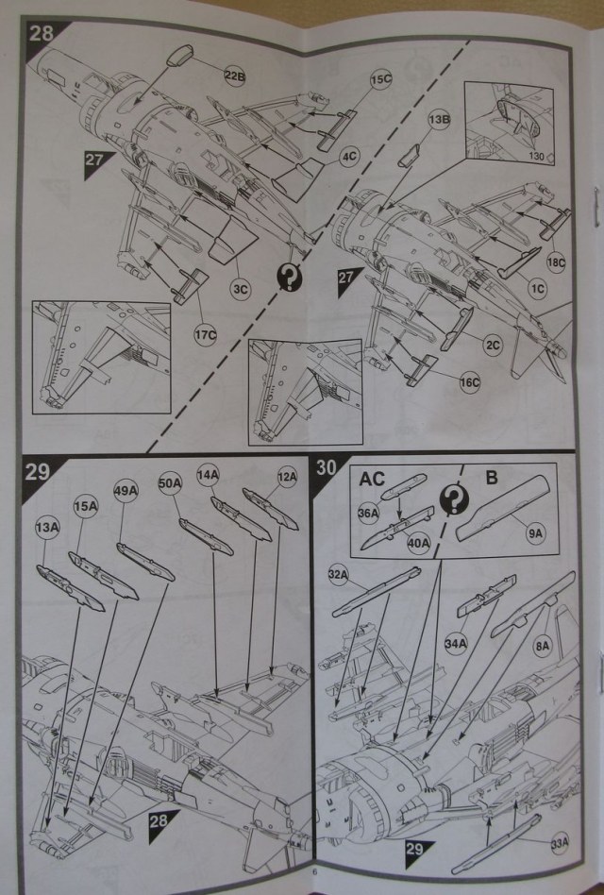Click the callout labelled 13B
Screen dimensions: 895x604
coord(439,121)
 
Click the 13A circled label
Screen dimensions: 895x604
coord(44,525)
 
